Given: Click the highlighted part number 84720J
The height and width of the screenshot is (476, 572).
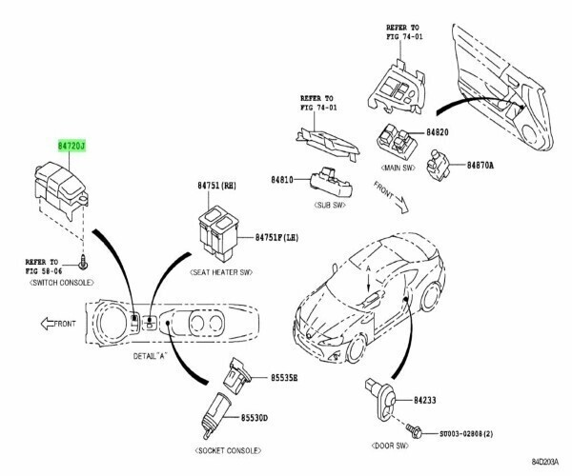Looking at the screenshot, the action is point(71,146).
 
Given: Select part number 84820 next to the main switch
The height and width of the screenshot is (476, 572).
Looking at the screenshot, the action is point(438,132).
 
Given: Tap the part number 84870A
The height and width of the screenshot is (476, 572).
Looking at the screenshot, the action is point(480,165).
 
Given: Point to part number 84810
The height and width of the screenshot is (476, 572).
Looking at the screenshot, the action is point(282,180).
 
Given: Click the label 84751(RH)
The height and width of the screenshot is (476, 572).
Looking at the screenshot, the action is point(217,186).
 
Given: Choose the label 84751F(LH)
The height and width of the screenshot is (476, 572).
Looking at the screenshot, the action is point(276,237).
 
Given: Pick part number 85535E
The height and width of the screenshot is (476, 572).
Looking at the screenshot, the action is point(284,378).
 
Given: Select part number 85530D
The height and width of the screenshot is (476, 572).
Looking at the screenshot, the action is point(254,418).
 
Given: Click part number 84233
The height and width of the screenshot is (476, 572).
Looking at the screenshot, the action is point(425,400).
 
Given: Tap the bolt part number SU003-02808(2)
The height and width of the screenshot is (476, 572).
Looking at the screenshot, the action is point(466,434).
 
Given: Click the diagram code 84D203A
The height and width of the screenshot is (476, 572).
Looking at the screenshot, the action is point(545,462).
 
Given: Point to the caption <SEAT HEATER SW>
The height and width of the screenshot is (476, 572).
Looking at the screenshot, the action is point(221,272).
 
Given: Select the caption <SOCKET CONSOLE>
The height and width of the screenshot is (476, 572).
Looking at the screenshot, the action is point(229,450).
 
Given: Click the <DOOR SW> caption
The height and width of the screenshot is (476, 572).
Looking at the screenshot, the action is point(390,446).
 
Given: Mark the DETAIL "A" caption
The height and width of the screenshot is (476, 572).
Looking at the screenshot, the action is point(150,356).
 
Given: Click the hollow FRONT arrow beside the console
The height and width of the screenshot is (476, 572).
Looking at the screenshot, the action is point(48,324).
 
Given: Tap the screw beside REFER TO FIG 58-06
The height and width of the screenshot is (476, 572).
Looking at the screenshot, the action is point(84,262).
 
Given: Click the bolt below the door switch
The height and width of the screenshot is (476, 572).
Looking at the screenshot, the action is point(415,431).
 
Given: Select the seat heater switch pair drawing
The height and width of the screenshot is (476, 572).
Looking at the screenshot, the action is point(218,233).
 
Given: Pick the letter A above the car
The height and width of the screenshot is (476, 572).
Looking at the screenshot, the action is point(368,268).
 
